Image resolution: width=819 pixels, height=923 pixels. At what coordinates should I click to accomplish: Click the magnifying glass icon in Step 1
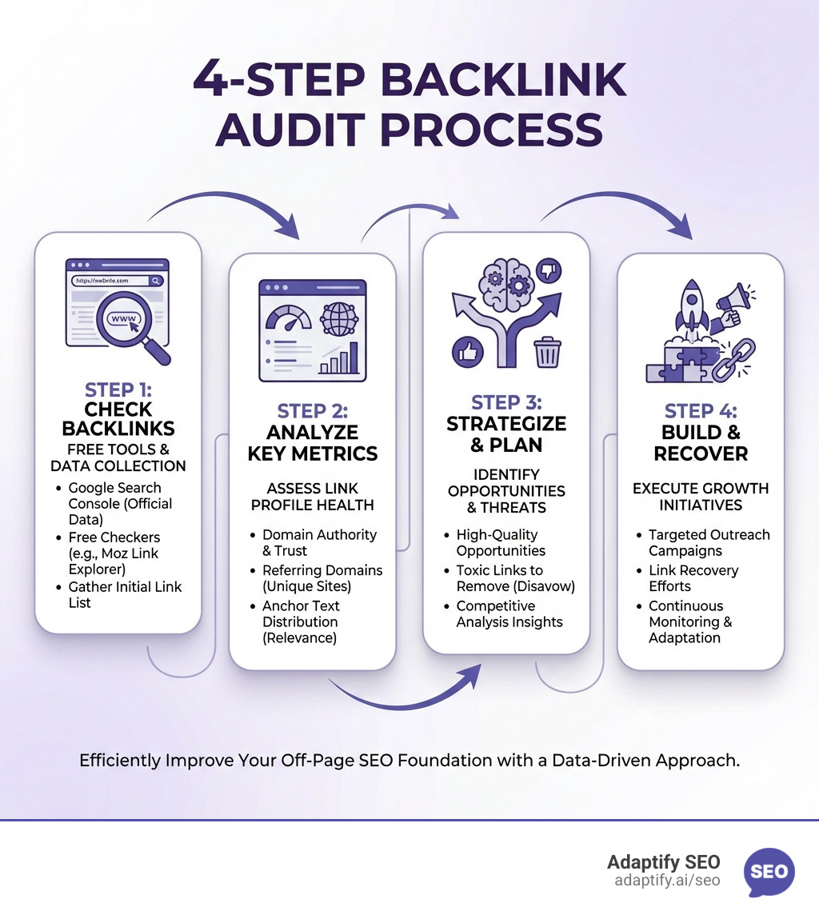[128, 324]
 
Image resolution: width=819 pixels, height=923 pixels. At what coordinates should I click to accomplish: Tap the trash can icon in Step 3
[548, 352]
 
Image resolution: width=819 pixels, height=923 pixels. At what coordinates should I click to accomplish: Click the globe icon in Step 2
[338, 318]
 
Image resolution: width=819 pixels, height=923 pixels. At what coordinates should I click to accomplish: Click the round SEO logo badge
[769, 872]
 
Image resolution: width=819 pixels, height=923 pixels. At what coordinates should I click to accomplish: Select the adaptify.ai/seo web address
[667, 881]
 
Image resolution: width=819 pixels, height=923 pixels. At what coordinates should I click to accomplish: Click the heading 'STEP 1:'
[118, 390]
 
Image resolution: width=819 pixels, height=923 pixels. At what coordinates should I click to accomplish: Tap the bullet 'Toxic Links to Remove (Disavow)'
[515, 578]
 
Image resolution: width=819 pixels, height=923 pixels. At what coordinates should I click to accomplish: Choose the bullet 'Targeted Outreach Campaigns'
[709, 542]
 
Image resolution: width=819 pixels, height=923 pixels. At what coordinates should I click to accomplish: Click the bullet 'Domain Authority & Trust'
[319, 542]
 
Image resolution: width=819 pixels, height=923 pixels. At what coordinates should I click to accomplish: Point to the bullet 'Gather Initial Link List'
[125, 594]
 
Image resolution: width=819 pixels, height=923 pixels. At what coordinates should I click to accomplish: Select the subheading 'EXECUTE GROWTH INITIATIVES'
[700, 497]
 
